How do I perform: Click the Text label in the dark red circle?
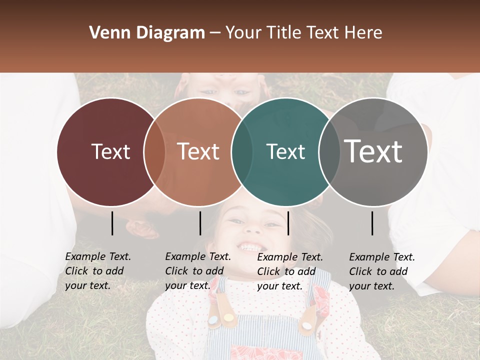pyautogui.click(x=110, y=151)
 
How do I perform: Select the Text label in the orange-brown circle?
pyautogui.click(x=198, y=151)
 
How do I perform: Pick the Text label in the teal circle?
pyautogui.click(x=285, y=151)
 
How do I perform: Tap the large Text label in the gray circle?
pyautogui.click(x=373, y=151)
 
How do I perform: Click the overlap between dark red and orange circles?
pyautogui.click(x=154, y=151)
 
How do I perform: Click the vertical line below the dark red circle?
pyautogui.click(x=112, y=223)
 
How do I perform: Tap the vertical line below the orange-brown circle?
pyautogui.click(x=200, y=223)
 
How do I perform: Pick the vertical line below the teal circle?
pyautogui.click(x=288, y=223)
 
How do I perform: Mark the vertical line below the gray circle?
pyautogui.click(x=372, y=223)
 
